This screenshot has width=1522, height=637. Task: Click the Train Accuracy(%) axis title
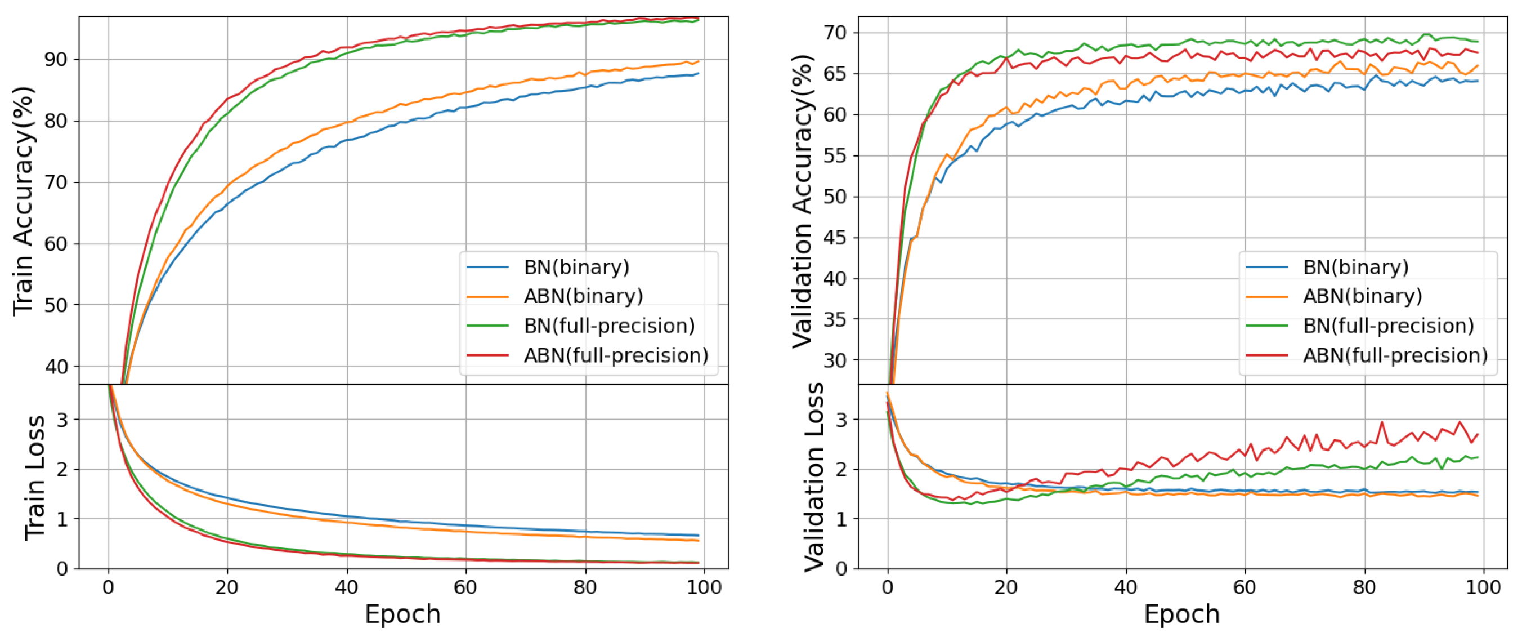click(24, 201)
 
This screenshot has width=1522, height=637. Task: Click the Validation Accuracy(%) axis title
click(802, 201)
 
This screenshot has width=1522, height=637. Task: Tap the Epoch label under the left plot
click(402, 614)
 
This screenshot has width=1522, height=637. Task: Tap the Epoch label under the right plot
click(1181, 614)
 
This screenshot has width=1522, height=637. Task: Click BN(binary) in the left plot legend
click(576, 268)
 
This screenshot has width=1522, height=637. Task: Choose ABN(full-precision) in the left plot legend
click(616, 355)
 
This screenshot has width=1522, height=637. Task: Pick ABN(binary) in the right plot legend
click(1362, 296)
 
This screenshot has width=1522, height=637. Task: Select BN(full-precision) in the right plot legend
click(1389, 326)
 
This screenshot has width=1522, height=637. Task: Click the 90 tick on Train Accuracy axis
click(56, 60)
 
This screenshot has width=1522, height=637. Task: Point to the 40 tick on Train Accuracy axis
click(56, 367)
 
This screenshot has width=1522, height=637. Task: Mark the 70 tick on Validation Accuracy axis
click(834, 33)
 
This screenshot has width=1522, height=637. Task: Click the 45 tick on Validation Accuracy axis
click(834, 238)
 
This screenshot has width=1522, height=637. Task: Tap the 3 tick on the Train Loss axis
click(62, 420)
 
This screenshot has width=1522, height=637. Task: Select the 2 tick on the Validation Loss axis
click(841, 470)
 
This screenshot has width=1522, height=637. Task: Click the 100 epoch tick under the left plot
click(704, 587)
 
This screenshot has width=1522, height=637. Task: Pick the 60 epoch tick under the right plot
click(1245, 587)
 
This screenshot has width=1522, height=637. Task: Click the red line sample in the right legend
click(1267, 355)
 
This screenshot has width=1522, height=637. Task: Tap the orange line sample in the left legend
click(487, 296)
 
